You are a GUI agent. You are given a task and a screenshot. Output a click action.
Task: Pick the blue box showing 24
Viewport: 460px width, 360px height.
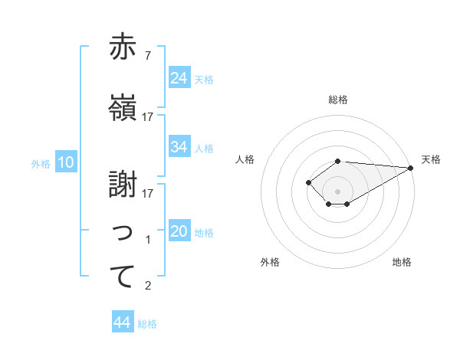click(x=179, y=78)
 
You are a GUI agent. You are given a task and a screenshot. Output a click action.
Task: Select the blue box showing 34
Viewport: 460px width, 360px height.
click(x=179, y=147)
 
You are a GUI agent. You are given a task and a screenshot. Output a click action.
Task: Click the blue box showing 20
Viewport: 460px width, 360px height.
click(x=179, y=231)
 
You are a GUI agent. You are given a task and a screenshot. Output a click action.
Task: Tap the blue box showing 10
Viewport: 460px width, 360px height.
click(x=66, y=162)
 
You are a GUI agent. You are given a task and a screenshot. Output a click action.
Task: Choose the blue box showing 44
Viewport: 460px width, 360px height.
click(x=123, y=322)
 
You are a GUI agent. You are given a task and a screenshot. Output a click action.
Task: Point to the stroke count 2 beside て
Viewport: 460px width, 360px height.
click(x=148, y=286)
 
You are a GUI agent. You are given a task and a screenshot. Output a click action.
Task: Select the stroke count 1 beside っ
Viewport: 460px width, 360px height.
click(x=148, y=240)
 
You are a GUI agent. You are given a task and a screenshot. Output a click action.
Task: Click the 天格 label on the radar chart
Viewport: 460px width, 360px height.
click(x=431, y=159)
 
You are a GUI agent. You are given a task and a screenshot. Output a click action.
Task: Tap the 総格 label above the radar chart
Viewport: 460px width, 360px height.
click(x=338, y=100)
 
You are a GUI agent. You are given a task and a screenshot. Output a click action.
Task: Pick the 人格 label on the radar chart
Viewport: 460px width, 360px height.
click(x=245, y=159)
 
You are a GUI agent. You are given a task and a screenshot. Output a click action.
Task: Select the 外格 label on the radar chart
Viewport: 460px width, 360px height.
click(x=270, y=262)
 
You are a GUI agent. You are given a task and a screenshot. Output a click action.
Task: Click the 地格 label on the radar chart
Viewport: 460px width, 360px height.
click(x=402, y=262)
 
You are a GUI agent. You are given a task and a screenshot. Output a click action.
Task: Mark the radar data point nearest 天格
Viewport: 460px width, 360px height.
click(x=410, y=168)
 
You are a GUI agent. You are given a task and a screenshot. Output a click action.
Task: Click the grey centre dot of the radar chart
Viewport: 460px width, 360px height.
click(x=337, y=191)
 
